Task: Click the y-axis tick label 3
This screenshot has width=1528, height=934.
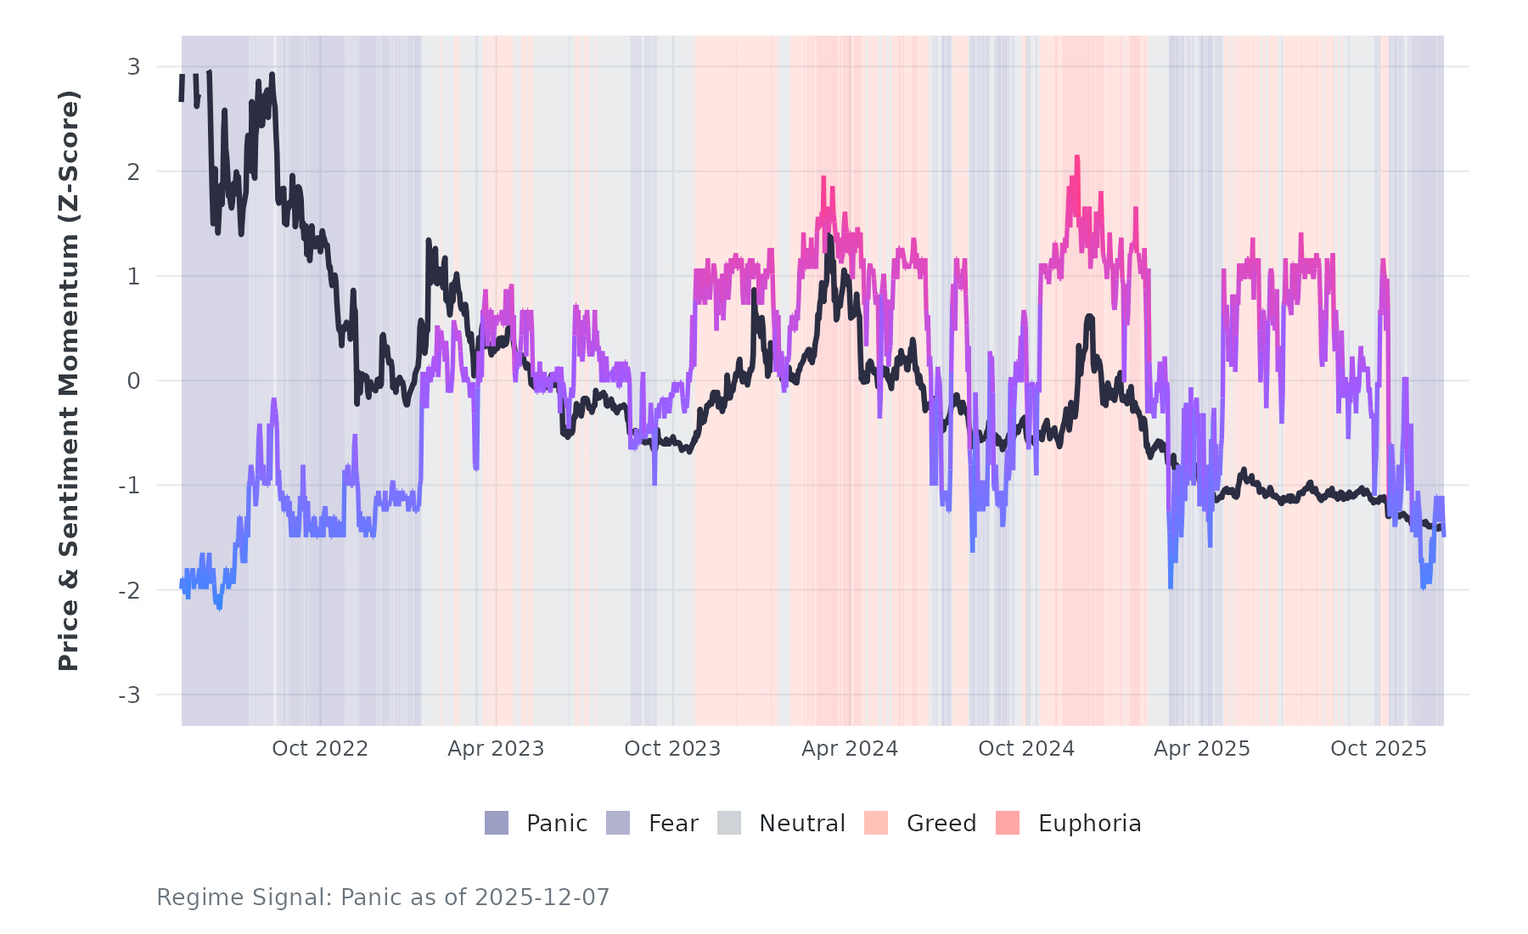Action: point(133,67)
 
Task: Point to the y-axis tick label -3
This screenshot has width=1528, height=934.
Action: point(129,695)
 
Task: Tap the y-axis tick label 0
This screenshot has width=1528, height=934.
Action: point(133,381)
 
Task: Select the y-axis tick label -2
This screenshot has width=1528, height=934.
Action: point(129,591)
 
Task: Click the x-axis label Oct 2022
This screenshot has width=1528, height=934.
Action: point(320,749)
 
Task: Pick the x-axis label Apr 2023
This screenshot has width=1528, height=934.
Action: point(496,749)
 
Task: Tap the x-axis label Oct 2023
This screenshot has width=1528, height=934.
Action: point(672,749)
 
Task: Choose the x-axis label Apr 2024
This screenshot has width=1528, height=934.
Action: point(850,749)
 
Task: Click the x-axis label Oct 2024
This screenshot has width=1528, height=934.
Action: point(1026,749)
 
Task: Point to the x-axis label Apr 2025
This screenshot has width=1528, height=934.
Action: point(1202,749)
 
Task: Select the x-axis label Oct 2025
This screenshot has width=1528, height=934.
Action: point(1379,749)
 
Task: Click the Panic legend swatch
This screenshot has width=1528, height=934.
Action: point(497,823)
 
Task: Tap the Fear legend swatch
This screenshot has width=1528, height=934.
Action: point(618,823)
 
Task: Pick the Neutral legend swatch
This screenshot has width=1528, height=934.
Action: point(729,823)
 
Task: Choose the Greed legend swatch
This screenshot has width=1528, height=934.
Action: point(876,823)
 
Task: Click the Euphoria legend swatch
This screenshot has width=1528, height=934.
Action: point(1008,823)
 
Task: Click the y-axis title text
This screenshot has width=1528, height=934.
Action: point(69,380)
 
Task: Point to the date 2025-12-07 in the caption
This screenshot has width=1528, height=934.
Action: point(542,897)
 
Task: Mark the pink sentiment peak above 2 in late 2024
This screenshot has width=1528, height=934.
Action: point(1076,159)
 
